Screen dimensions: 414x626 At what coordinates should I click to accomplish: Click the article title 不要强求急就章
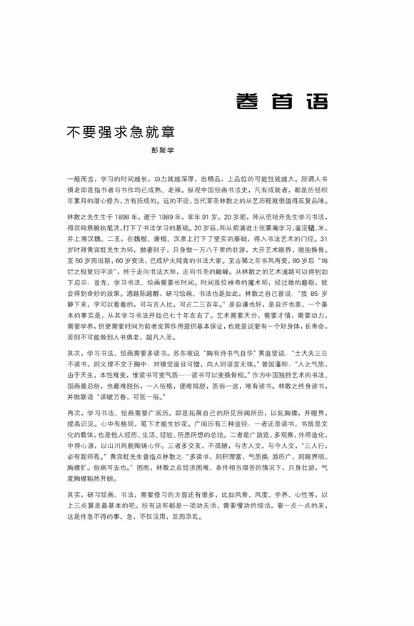point(121,133)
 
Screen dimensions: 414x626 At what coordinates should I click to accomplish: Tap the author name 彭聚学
point(161,150)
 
